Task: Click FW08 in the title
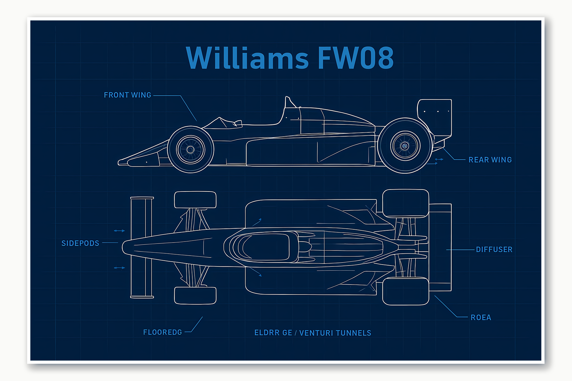(x=355, y=58)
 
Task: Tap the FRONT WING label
(x=127, y=95)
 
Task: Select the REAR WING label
(x=490, y=160)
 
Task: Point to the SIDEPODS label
(x=80, y=243)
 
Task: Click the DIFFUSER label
(x=494, y=250)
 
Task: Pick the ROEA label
(x=481, y=317)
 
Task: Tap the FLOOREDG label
(x=162, y=332)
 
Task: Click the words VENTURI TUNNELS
(x=335, y=333)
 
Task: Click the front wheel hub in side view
(x=190, y=149)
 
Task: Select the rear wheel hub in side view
(x=405, y=146)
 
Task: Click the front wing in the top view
(x=141, y=247)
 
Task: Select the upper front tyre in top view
(x=195, y=200)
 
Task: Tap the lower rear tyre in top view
(x=405, y=291)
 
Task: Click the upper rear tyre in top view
(x=405, y=203)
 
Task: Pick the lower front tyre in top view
(x=195, y=295)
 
